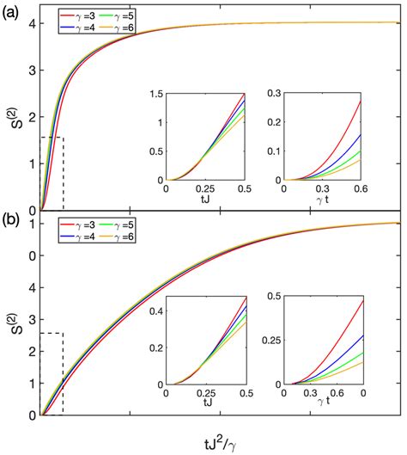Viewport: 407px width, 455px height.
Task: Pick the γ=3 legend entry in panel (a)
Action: point(74,16)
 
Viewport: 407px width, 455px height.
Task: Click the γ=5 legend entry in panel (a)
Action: point(120,16)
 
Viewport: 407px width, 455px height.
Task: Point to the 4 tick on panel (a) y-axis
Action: point(32,22)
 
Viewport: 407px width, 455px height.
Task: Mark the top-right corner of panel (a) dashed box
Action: point(64,138)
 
